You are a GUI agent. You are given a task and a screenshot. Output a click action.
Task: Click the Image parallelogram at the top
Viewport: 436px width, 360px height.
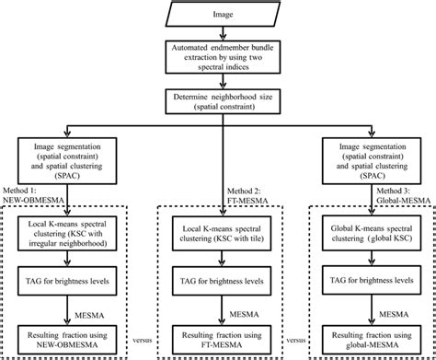pos(217,17)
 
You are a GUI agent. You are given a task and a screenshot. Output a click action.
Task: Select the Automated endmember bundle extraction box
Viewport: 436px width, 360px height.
pos(217,56)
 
